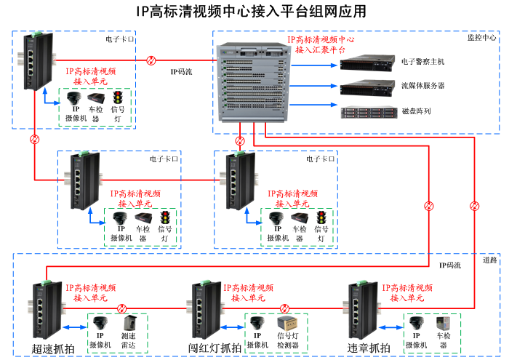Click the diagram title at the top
pyautogui.click(x=251, y=12)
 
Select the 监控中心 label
pyautogui.click(x=481, y=36)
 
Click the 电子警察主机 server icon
pyautogui.click(x=369, y=62)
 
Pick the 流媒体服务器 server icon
pyautogui.click(x=369, y=87)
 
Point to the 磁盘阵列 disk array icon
pyautogui.click(x=369, y=112)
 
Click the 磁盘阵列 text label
pyautogui.click(x=417, y=112)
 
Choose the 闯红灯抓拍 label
pyautogui.click(x=215, y=348)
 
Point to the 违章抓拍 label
pyautogui.click(x=369, y=348)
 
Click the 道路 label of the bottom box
pyautogui.click(x=489, y=260)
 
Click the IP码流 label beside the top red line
pyautogui.click(x=181, y=72)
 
